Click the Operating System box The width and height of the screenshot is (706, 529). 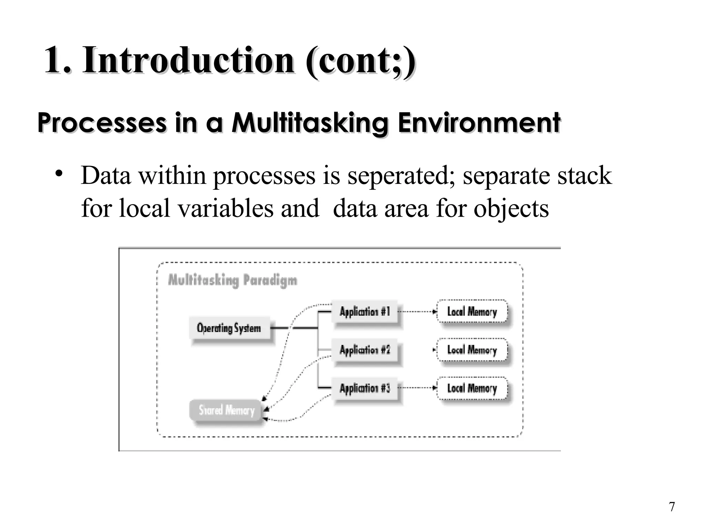pos(229,328)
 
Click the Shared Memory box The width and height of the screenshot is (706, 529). pos(226,410)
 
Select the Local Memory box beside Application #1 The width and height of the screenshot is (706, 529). pos(472,312)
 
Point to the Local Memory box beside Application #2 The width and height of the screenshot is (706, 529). pos(472,350)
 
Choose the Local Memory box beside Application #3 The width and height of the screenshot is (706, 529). pos(472,388)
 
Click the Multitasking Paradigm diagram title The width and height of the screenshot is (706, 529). pos(232,280)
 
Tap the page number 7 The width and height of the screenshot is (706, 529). pos(672,507)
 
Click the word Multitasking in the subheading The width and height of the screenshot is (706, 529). pos(310,123)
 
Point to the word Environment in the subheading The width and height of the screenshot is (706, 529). pos(479,123)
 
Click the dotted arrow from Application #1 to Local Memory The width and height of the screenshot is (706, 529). pos(417,312)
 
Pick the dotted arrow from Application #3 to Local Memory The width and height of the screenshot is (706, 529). pos(417,388)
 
